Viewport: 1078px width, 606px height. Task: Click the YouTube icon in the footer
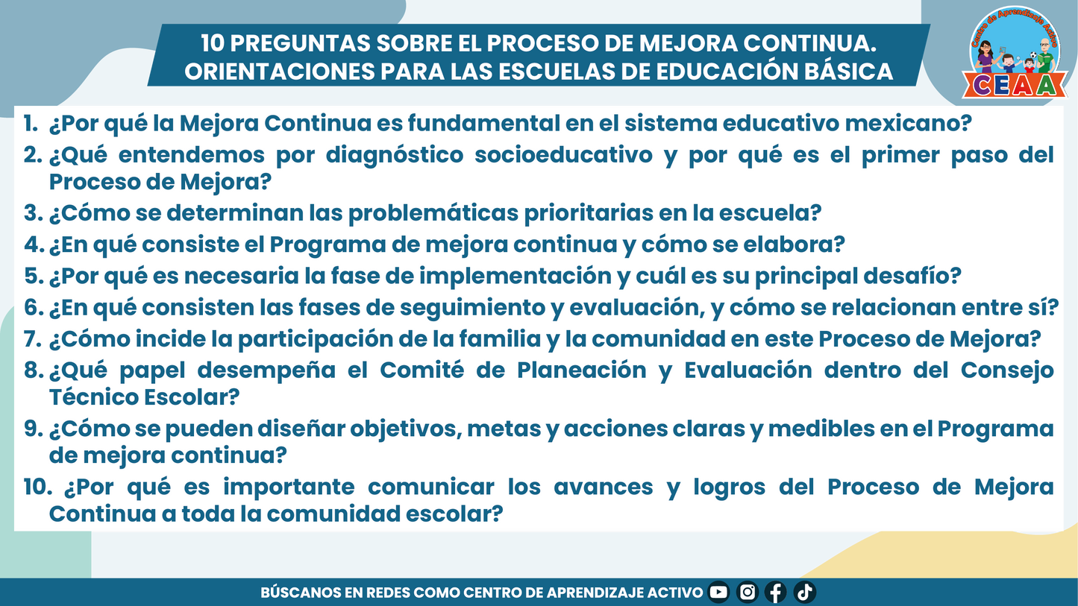718,593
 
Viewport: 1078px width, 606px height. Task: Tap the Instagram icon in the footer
748,593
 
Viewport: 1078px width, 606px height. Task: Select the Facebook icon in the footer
776,593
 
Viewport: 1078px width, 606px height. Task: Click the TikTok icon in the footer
804,593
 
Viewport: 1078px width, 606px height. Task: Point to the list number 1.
31,124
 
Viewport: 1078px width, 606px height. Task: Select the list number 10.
37,487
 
